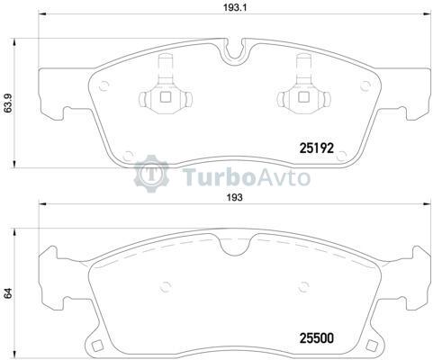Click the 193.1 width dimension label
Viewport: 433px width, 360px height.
[x=234, y=8]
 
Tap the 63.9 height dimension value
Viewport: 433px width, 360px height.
[x=8, y=103]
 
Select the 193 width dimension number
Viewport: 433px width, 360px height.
[x=235, y=198]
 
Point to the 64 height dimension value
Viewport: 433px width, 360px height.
[x=8, y=293]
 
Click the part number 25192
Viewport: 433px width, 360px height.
[x=317, y=148]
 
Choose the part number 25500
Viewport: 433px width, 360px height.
[x=317, y=338]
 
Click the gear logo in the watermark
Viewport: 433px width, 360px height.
[x=151, y=174]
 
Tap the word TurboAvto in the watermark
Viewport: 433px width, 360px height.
[x=247, y=176]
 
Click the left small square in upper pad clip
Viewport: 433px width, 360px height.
[x=166, y=96]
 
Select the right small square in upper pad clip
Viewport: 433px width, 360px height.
[x=303, y=96]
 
